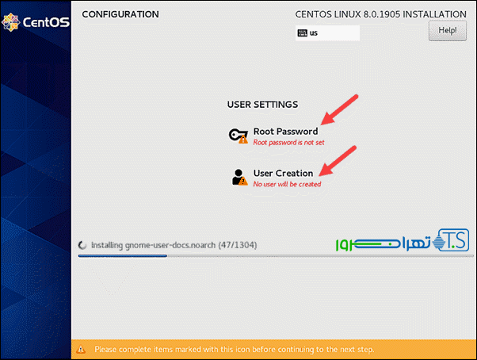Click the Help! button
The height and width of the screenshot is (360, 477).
tap(447, 30)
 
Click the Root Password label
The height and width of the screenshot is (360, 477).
tap(285, 132)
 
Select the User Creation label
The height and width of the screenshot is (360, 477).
tap(283, 173)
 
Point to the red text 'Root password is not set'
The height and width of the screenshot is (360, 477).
tap(288, 143)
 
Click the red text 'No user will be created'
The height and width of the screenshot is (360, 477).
tap(287, 184)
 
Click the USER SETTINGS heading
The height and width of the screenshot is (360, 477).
tap(262, 105)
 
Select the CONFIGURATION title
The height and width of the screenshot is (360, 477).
tap(120, 14)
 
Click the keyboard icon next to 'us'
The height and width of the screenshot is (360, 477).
tap(302, 33)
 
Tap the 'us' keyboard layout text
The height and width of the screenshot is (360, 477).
tap(314, 33)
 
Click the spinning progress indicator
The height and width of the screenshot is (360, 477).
tap(82, 245)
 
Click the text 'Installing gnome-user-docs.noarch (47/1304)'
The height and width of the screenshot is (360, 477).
tap(174, 245)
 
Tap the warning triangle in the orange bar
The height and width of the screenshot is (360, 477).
tap(82, 349)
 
